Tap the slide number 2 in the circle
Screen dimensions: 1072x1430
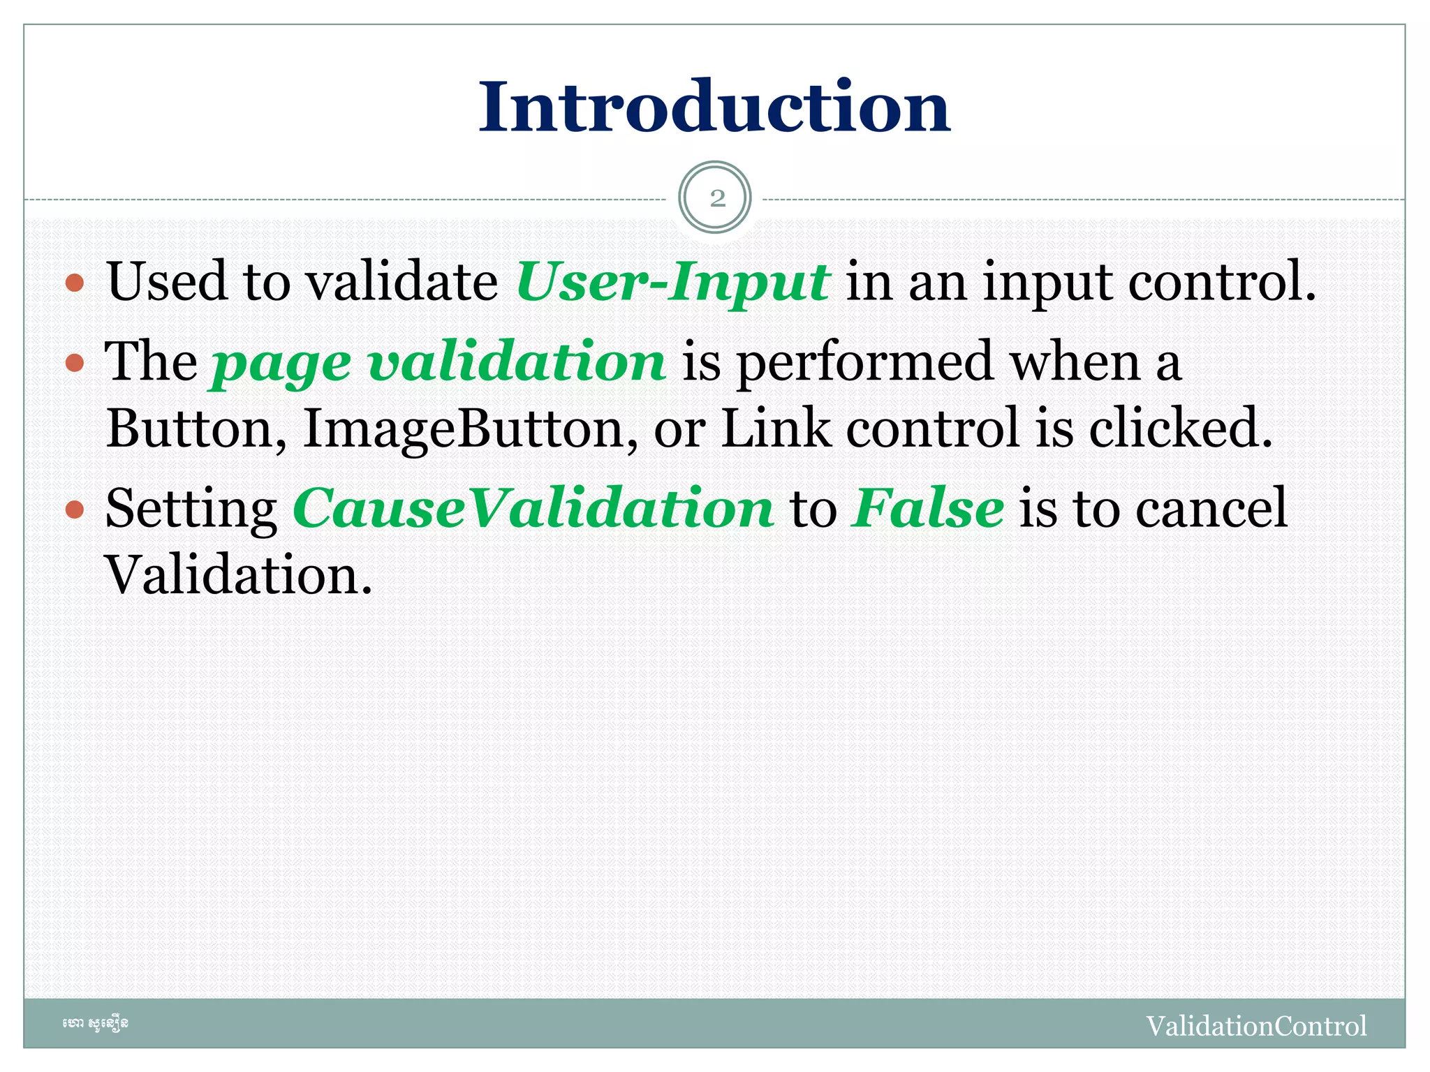click(716, 198)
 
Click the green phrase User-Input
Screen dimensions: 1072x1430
click(672, 282)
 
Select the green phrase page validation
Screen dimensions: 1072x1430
click(438, 363)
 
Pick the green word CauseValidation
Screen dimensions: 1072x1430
click(533, 508)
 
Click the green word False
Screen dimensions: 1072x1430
click(928, 508)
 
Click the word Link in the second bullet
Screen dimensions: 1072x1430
click(776, 428)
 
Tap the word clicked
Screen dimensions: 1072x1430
click(1180, 428)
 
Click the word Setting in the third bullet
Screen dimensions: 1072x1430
click(191, 509)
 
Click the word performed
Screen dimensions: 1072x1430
click(865, 363)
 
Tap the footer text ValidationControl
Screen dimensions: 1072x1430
click(1255, 1026)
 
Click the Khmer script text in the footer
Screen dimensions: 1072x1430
click(95, 1024)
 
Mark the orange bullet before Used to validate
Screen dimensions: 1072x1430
click(75, 283)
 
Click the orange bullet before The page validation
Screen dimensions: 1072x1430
click(75, 363)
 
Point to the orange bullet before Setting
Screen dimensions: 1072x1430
click(75, 509)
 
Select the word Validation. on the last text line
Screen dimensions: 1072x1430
click(238, 575)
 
